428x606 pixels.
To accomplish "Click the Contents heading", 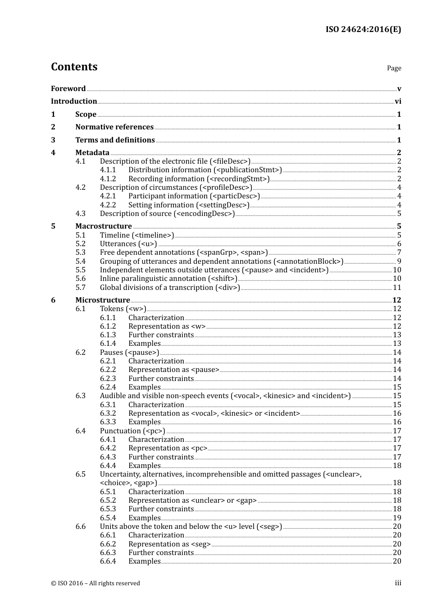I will [74, 67].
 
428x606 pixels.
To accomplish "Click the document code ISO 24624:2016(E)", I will [363, 29].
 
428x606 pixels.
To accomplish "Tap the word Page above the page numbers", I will [394, 68].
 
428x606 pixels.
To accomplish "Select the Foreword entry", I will [68, 89].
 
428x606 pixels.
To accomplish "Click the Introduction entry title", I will [74, 101].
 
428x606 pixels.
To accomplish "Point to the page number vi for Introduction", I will [398, 101].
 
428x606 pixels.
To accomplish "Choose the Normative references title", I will [114, 127].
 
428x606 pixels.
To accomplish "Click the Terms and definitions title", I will [115, 140].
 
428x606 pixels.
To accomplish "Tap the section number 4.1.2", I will [108, 179].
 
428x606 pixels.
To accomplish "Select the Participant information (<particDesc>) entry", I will [194, 196].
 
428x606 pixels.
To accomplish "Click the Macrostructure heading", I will [104, 226].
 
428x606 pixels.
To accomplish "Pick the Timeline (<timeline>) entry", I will [137, 235].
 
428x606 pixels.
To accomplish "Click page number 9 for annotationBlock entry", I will [399, 262].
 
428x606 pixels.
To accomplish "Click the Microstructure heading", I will [103, 300].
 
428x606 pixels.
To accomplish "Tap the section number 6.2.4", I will [108, 387].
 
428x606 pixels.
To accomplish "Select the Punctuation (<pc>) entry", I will [132, 431].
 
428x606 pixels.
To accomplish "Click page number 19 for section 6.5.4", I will [397, 518].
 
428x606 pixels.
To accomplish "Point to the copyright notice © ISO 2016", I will [96, 583].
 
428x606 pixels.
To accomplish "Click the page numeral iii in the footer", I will [398, 583].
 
